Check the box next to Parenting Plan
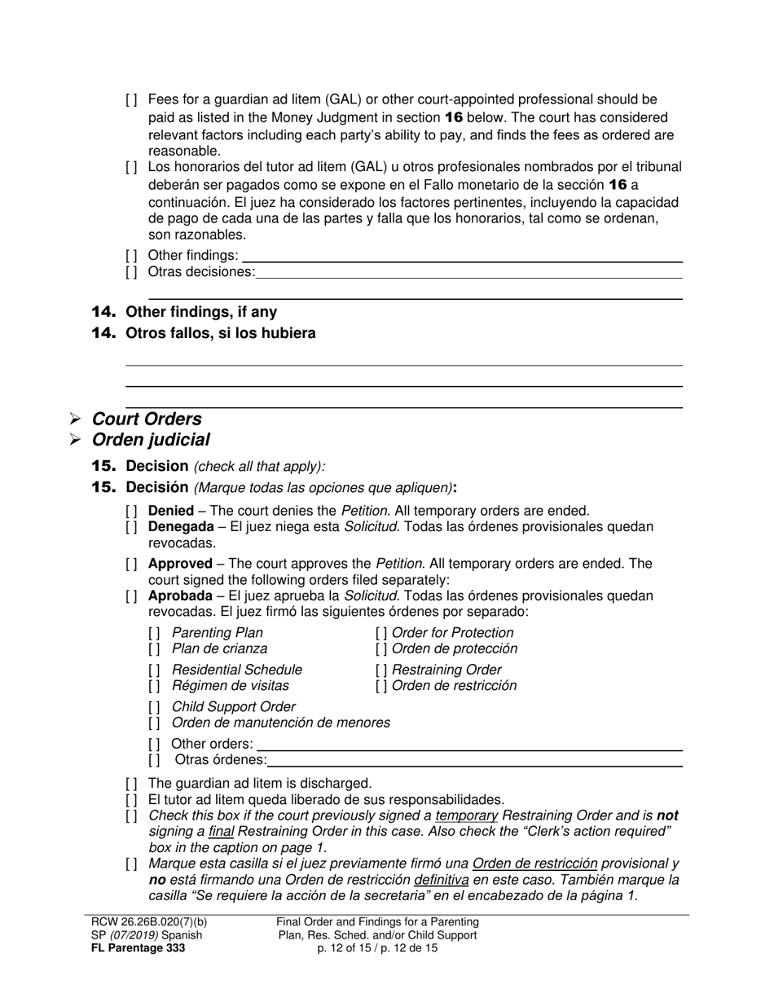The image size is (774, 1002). point(154,633)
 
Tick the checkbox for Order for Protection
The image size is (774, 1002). point(381,633)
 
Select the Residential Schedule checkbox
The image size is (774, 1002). point(154,670)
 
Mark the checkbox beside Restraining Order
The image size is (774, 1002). point(381,670)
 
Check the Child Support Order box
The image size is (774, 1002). point(154,707)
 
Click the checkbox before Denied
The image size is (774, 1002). point(131,511)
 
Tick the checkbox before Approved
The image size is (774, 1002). point(131,564)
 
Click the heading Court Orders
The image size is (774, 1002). point(147,419)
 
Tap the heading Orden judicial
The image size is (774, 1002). point(151,440)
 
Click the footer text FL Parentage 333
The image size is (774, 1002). point(138,948)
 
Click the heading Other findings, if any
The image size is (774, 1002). point(201,312)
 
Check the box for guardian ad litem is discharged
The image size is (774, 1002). point(131,783)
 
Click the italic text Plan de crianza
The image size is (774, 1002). point(219,648)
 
